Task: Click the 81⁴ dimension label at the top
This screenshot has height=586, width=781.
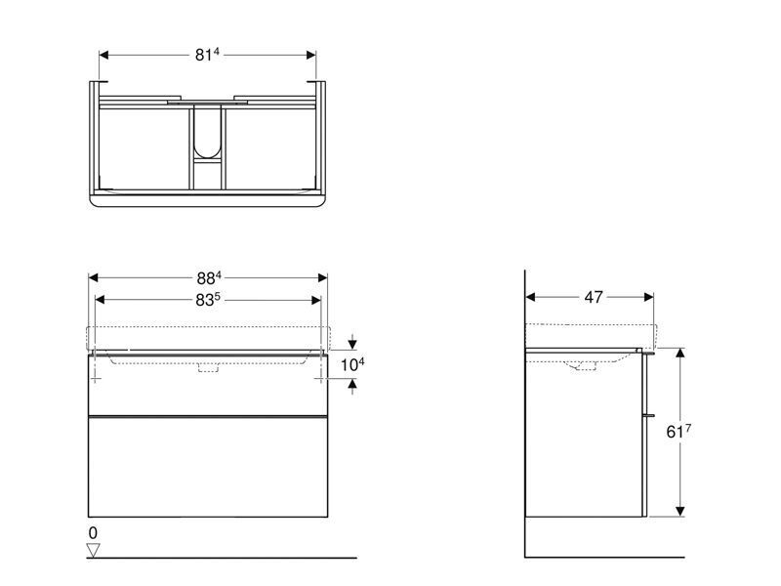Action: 207,55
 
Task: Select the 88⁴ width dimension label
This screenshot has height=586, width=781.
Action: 209,277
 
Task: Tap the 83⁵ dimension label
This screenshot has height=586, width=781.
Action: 207,300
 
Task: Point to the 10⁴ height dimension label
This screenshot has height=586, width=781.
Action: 352,364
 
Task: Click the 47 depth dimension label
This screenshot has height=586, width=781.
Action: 594,297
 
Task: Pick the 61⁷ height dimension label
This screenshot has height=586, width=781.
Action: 678,431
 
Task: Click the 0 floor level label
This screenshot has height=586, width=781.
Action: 93,532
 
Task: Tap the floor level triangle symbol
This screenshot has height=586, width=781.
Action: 93,550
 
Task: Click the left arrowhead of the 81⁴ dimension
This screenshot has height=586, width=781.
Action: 104,55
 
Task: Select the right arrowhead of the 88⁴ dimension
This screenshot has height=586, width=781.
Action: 322,277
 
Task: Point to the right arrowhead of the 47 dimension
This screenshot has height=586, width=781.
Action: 648,298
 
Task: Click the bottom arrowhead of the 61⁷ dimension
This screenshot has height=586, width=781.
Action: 679,511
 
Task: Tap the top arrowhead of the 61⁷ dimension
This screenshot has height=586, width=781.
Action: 679,354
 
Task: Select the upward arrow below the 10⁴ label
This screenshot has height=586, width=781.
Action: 352,386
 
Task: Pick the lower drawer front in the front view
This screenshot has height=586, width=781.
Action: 208,467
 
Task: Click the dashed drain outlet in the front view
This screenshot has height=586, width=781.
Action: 208,368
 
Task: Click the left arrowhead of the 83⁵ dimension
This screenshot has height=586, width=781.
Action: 100,300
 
